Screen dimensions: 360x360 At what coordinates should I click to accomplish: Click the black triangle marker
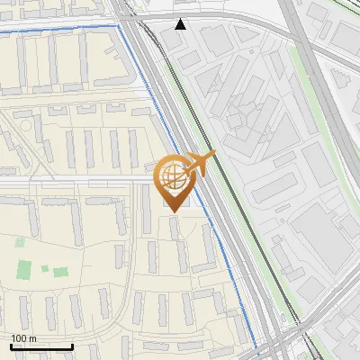click(181, 23)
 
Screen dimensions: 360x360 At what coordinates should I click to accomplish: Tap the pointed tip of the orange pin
click(174, 211)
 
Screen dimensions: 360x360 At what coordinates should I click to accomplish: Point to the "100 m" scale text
click(24, 338)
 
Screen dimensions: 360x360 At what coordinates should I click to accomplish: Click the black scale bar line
click(41, 346)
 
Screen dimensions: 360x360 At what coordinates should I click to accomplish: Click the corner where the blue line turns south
click(120, 28)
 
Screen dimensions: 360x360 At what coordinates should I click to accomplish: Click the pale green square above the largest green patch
click(20, 241)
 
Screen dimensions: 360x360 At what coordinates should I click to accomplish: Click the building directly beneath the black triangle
click(176, 39)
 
